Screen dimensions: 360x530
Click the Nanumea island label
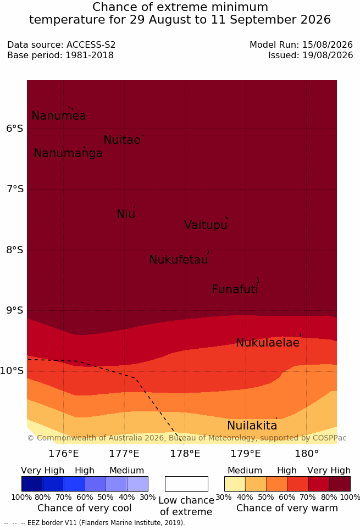pyautogui.click(x=58, y=116)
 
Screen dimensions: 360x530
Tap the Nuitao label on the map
pyautogui.click(x=122, y=140)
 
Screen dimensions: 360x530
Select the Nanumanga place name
pyautogui.click(x=68, y=153)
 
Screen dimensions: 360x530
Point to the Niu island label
pyautogui.click(x=126, y=214)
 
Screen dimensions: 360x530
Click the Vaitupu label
pyautogui.click(x=206, y=225)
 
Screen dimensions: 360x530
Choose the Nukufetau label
pyautogui.click(x=178, y=260)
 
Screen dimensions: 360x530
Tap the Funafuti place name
pyautogui.click(x=235, y=289)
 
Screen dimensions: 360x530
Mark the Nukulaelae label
pyautogui.click(x=268, y=343)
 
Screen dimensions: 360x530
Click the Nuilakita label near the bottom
pyautogui.click(x=252, y=426)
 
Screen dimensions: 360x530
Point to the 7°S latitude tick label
pyautogui.click(x=15, y=189)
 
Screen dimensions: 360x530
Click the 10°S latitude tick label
pyautogui.click(x=12, y=371)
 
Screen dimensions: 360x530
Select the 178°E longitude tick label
pyautogui.click(x=185, y=454)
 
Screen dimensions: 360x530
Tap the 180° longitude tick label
pyautogui.click(x=307, y=454)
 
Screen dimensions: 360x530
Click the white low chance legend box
pyautogui.click(x=186, y=484)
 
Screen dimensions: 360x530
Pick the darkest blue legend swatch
pyautogui.click(x=32, y=484)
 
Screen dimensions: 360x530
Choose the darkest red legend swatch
pyautogui.click(x=340, y=484)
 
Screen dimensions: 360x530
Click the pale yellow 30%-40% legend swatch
pyautogui.click(x=235, y=484)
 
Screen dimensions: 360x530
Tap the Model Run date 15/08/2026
pyautogui.click(x=328, y=44)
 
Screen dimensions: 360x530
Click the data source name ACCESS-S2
pyautogui.click(x=91, y=44)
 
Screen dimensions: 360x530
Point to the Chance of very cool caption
pyautogui.click(x=84, y=508)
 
